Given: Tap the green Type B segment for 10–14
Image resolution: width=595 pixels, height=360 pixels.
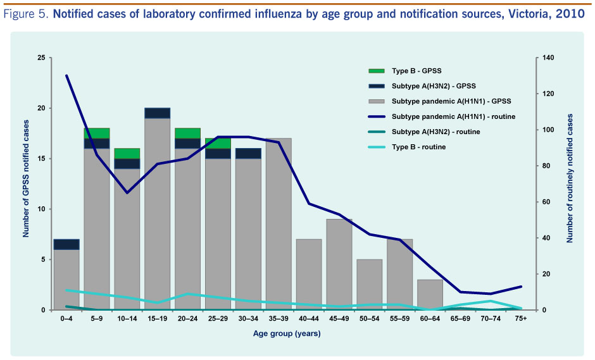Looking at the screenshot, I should (127, 153).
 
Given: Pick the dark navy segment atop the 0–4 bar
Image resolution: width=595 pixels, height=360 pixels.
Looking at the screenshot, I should (66, 244).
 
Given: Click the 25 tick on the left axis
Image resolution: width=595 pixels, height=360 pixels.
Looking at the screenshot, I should (41, 58).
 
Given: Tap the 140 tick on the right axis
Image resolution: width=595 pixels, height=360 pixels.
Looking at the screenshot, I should (548, 58).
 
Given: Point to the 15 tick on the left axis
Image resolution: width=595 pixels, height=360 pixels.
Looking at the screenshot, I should (41, 159).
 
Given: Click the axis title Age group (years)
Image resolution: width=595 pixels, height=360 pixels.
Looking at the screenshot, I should (287, 333).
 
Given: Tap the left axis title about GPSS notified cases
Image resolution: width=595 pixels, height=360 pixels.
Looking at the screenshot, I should (26, 183).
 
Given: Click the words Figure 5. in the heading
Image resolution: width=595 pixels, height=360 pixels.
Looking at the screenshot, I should (27, 15).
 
